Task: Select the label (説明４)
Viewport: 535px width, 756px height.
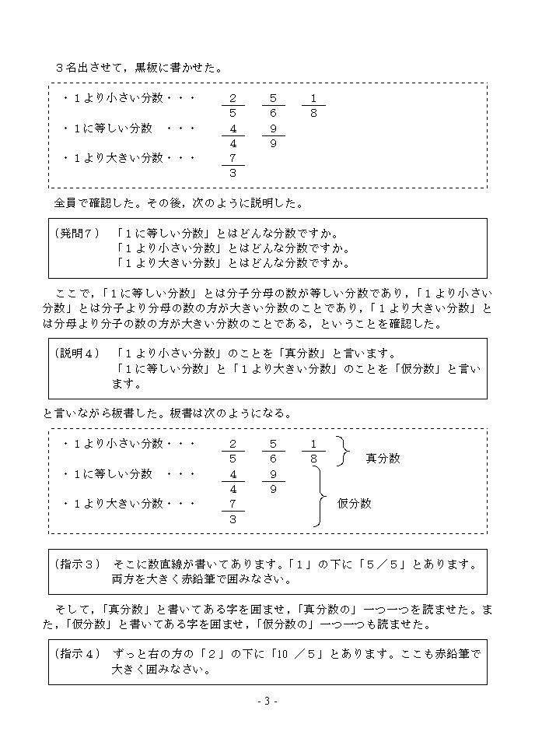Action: point(78,353)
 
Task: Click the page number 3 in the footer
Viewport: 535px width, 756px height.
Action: point(267,701)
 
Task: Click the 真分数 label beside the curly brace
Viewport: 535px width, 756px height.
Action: point(383,459)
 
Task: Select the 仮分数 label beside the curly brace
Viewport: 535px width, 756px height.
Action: point(354,504)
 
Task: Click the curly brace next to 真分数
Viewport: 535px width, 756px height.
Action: point(341,451)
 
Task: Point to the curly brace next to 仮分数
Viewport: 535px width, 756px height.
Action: point(318,497)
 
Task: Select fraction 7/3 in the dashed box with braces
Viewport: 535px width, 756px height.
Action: point(233,512)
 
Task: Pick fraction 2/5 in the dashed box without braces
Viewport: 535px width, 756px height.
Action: point(233,106)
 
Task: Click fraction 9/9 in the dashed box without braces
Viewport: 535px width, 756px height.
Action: point(273,135)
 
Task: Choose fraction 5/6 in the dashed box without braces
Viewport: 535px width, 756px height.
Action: point(273,106)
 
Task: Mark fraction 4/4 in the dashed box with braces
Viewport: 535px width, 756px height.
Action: point(233,481)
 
